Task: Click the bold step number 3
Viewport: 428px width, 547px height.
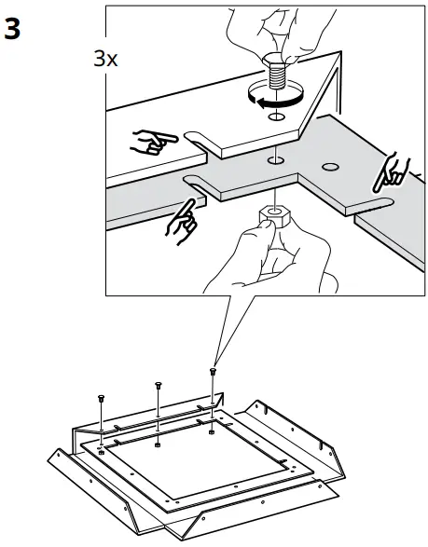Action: click(13, 28)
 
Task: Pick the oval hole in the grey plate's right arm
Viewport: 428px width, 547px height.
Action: click(328, 167)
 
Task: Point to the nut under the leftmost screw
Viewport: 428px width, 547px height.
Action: click(102, 440)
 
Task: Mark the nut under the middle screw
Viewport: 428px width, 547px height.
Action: click(159, 431)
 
